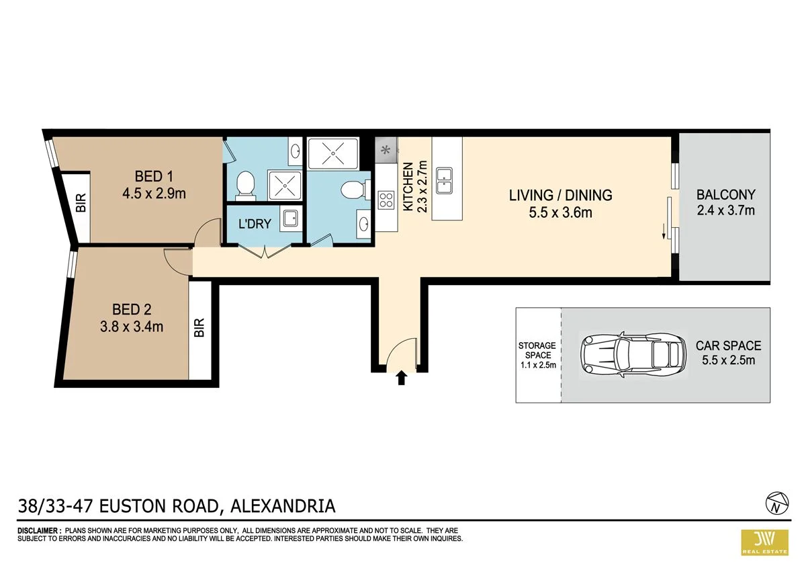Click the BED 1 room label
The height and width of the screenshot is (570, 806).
tap(154, 177)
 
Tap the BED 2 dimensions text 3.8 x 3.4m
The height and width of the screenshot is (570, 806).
tap(132, 327)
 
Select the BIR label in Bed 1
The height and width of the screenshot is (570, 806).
tap(81, 204)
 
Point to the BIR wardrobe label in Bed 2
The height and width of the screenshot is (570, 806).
tap(198, 327)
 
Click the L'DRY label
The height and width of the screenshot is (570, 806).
tap(255, 224)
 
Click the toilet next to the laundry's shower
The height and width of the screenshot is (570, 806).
tap(245, 184)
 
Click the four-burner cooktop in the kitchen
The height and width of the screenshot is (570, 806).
tap(386, 200)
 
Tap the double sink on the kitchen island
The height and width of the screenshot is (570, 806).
tap(444, 180)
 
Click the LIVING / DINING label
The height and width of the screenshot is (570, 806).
tap(560, 196)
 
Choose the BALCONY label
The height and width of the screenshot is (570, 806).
tap(725, 195)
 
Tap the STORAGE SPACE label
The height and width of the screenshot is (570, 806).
tap(537, 350)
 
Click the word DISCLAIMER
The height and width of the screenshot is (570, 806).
tap(38, 531)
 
